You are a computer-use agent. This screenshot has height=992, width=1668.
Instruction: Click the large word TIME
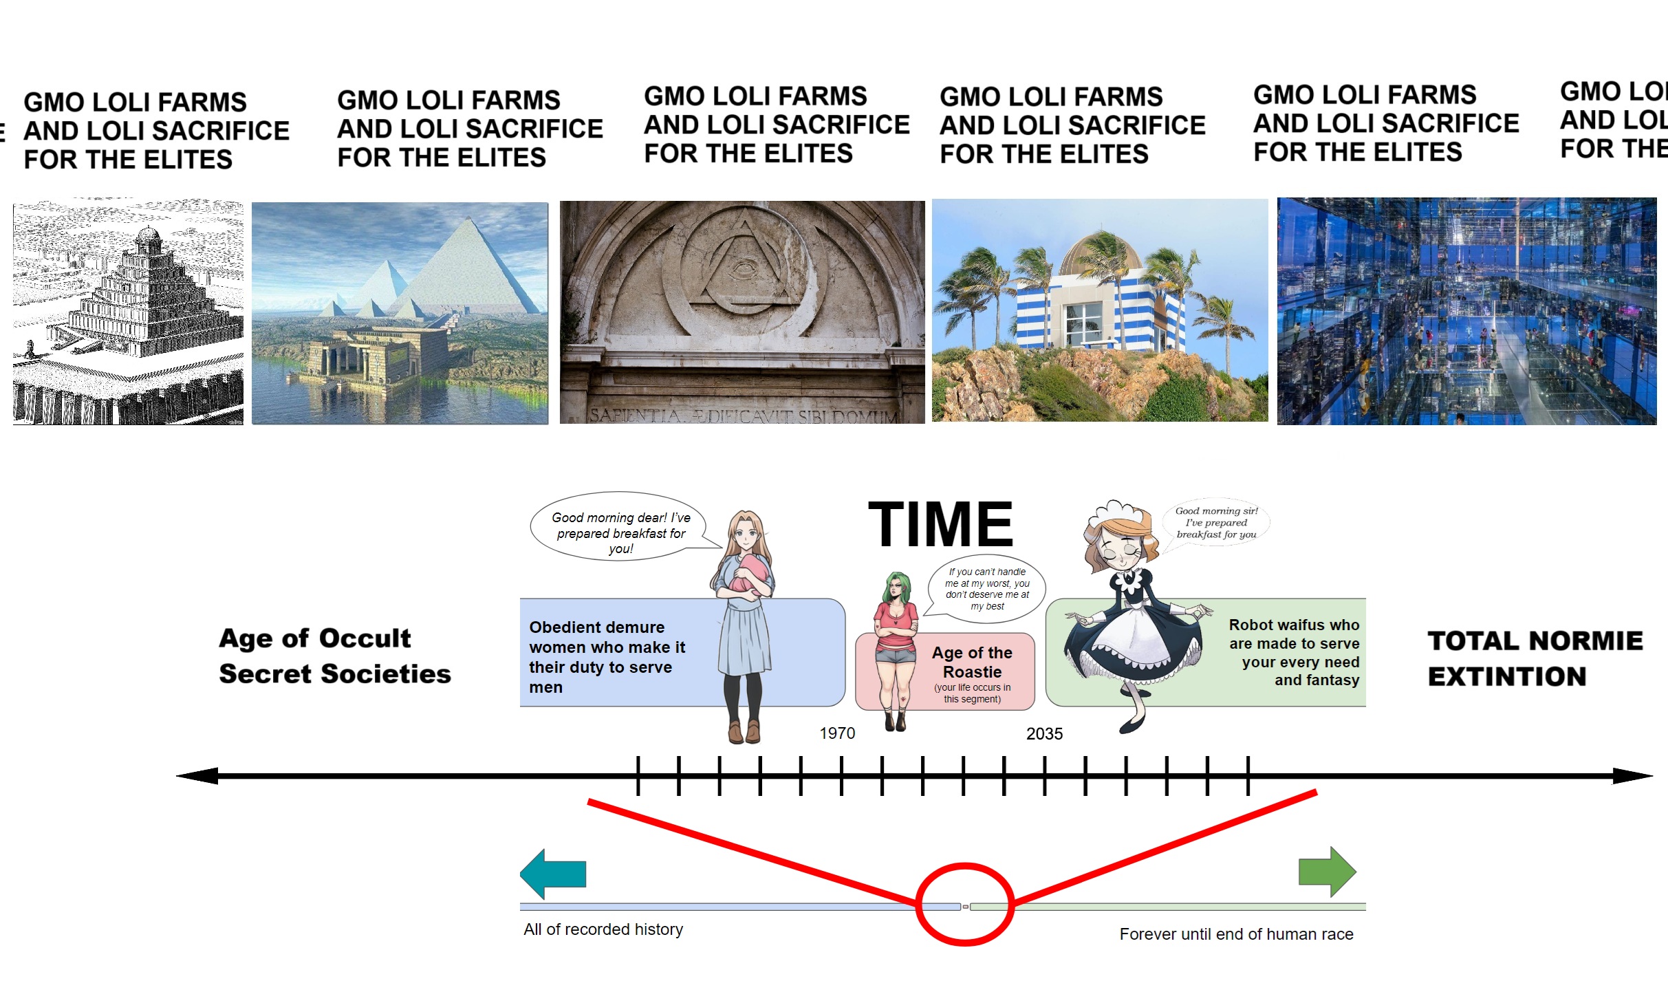pyautogui.click(x=940, y=524)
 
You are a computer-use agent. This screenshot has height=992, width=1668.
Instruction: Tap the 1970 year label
pyautogui.click(x=837, y=733)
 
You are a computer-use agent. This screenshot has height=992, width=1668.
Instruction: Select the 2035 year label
pyautogui.click(x=1044, y=734)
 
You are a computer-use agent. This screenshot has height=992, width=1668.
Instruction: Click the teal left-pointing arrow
pyautogui.click(x=553, y=874)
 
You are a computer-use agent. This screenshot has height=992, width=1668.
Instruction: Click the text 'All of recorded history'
pyautogui.click(x=603, y=929)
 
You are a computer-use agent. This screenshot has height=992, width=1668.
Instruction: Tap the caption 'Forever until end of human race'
pyautogui.click(x=1236, y=934)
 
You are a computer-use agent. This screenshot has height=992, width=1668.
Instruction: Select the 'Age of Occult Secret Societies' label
pyautogui.click(x=335, y=656)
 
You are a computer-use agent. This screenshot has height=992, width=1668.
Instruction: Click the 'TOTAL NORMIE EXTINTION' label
pyautogui.click(x=1535, y=658)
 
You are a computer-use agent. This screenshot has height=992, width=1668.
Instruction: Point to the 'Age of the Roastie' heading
pyautogui.click(x=972, y=662)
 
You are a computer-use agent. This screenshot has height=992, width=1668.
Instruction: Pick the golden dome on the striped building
pyautogui.click(x=1101, y=253)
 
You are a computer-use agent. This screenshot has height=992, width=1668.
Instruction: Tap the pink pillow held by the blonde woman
pyautogui.click(x=747, y=575)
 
